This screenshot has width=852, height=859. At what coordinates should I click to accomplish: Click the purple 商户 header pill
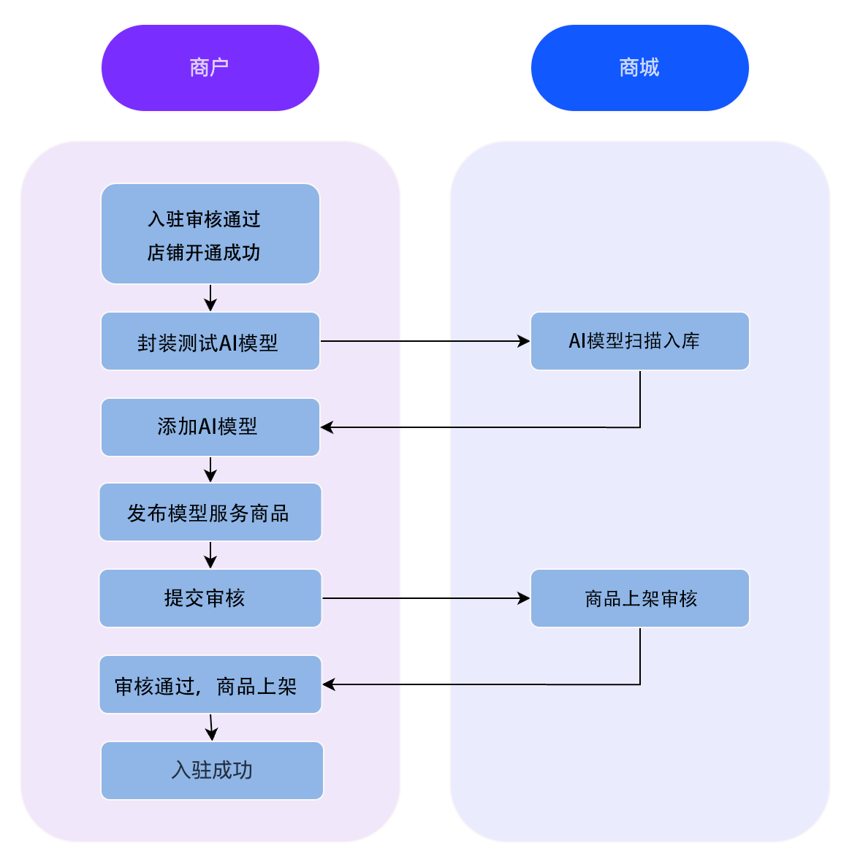210,68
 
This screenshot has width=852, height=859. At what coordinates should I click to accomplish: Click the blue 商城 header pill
639,68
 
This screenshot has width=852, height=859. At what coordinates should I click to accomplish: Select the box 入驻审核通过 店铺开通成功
210,234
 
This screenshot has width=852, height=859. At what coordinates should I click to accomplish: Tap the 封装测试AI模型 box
210,342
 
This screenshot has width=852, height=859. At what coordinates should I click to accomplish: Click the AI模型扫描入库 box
639,341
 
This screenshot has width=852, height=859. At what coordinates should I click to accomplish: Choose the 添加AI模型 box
210,427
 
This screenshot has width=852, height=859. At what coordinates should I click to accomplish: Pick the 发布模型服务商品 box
210,513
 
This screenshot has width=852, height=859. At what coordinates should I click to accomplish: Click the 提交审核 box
210,598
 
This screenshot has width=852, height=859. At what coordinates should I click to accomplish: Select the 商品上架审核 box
639,598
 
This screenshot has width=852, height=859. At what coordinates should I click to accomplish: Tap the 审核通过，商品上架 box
210,685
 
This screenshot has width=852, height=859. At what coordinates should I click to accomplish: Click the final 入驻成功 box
212,771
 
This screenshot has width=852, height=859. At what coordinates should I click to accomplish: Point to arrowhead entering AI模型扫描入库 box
524,341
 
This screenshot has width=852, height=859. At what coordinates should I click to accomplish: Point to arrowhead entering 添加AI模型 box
327,427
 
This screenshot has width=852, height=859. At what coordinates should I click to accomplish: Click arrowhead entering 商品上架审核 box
524,598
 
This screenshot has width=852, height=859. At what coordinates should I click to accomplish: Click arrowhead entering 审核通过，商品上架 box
328,684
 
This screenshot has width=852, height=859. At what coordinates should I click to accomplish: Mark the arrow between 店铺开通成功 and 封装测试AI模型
210,298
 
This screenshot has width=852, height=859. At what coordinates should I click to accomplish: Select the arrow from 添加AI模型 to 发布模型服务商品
210,470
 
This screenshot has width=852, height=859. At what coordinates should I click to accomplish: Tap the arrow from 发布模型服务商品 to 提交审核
210,555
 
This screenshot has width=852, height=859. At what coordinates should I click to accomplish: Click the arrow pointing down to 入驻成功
211,728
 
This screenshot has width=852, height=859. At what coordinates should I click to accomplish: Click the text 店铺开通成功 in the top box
204,253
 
